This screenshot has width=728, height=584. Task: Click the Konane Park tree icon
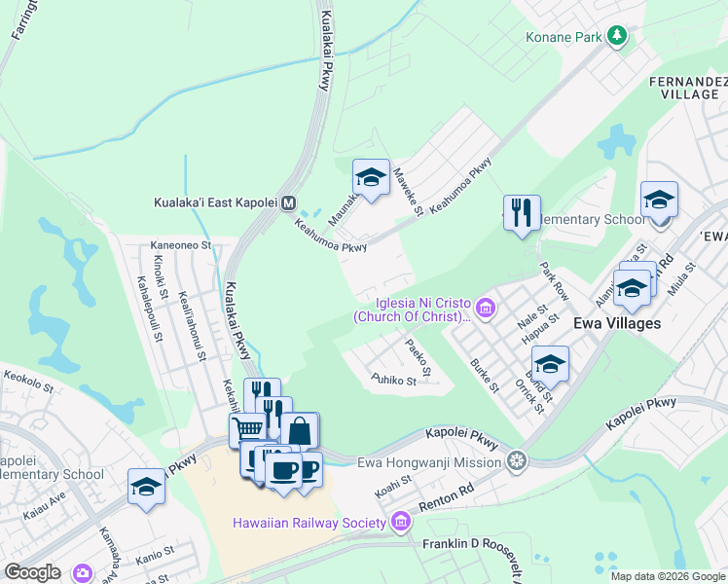616,36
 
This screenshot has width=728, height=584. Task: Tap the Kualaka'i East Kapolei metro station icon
288,203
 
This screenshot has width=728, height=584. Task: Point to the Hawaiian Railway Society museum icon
399,524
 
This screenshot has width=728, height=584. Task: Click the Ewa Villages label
617,323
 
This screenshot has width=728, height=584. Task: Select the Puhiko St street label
393,380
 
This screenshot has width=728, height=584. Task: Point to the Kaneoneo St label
180,246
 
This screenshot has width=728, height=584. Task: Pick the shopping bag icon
300,429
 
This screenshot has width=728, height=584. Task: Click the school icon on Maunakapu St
371,176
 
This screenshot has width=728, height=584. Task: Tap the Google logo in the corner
32,572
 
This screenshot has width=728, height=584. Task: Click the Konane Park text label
565,37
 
